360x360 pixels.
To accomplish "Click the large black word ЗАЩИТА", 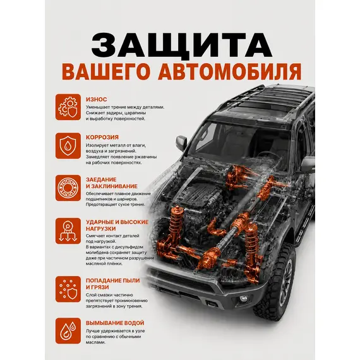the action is [x=182, y=45].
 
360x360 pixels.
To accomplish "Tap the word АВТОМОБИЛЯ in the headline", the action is [x=230, y=71].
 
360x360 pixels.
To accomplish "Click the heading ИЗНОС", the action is [x=97, y=99].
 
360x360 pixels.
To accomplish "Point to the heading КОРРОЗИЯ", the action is [x=102, y=137].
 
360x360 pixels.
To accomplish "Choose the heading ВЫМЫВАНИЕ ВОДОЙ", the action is [x=115, y=323].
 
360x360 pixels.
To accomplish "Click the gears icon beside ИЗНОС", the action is [x=68, y=107].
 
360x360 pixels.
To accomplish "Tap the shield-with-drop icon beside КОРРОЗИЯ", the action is [x=68, y=146].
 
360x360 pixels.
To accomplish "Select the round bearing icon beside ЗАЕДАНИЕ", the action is [x=68, y=188].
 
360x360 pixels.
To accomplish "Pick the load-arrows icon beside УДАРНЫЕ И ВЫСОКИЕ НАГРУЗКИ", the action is [x=68, y=231].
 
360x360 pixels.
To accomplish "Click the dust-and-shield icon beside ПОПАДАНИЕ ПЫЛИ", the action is [x=68, y=289].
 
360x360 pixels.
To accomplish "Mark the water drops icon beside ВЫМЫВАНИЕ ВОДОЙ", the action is [x=68, y=331].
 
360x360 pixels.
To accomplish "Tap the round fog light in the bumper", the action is [x=243, y=299].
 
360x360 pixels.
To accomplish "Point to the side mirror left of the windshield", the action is [x=181, y=143].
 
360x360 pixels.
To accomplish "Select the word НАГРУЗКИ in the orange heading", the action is [x=101, y=229].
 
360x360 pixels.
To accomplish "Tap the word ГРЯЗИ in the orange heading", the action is [x=100, y=287].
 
